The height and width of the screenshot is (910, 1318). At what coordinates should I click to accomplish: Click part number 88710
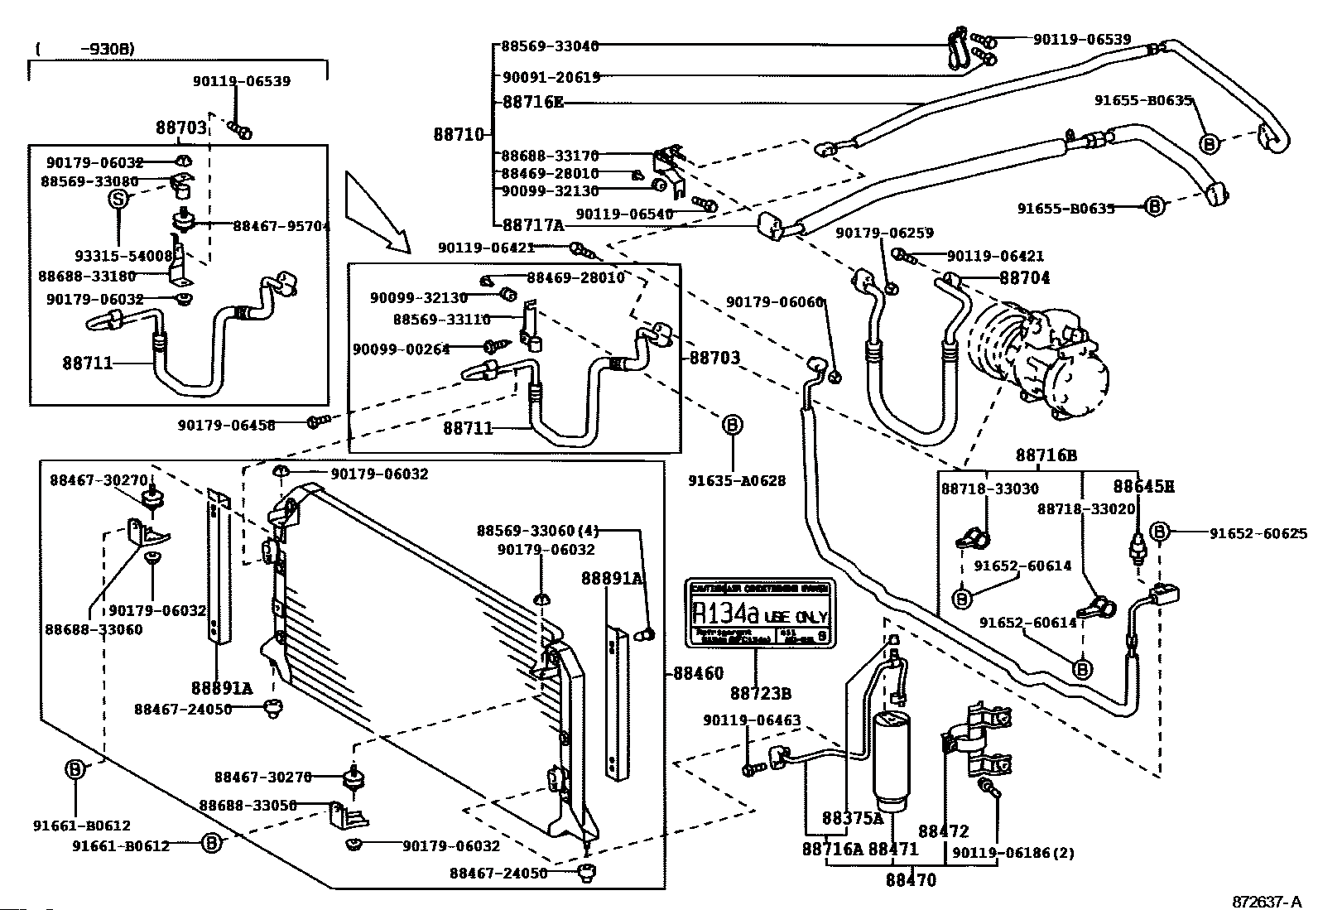coord(457,134)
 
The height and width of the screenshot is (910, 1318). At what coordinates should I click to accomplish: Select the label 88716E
coord(533,103)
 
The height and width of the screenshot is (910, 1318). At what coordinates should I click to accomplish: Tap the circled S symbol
coord(119,199)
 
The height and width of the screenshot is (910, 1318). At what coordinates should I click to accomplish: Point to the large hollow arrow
coord(377,211)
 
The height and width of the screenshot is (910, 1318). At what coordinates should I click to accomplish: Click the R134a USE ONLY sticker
coord(759,614)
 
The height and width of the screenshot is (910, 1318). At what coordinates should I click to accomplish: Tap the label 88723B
coord(760,693)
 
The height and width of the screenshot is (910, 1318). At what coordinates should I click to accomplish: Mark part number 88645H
coord(1142,487)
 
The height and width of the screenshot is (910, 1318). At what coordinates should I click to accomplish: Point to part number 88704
coord(1024,279)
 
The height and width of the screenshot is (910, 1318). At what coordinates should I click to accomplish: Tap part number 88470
coord(911,880)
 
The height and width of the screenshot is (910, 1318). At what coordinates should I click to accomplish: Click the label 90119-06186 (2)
coord(1013,853)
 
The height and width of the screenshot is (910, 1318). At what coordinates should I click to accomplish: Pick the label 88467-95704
coord(281,225)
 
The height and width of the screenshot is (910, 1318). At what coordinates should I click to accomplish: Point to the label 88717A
coord(533,224)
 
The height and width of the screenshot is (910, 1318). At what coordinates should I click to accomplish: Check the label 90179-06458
coord(226,425)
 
